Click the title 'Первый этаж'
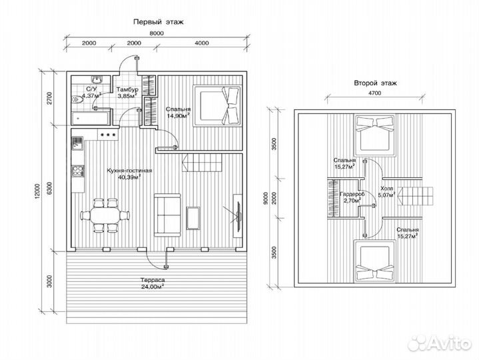pos(159,22)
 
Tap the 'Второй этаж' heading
pos(376,83)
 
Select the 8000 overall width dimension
pos(157,33)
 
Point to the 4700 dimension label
pos(374,93)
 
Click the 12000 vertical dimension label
pos(37,191)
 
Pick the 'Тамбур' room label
pos(127,89)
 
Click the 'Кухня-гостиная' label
pos(129,171)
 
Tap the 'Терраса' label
pos(153,280)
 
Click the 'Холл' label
pos(387,189)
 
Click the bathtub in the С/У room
pos(91,118)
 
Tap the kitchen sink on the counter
pos(77,143)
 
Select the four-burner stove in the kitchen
pos(77,171)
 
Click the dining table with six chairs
pos(105,215)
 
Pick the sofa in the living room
pos(167,215)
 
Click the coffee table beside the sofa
pos(193,218)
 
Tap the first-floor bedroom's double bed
pos(217,106)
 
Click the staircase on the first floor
pos(203,163)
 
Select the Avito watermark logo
pos(440,343)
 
